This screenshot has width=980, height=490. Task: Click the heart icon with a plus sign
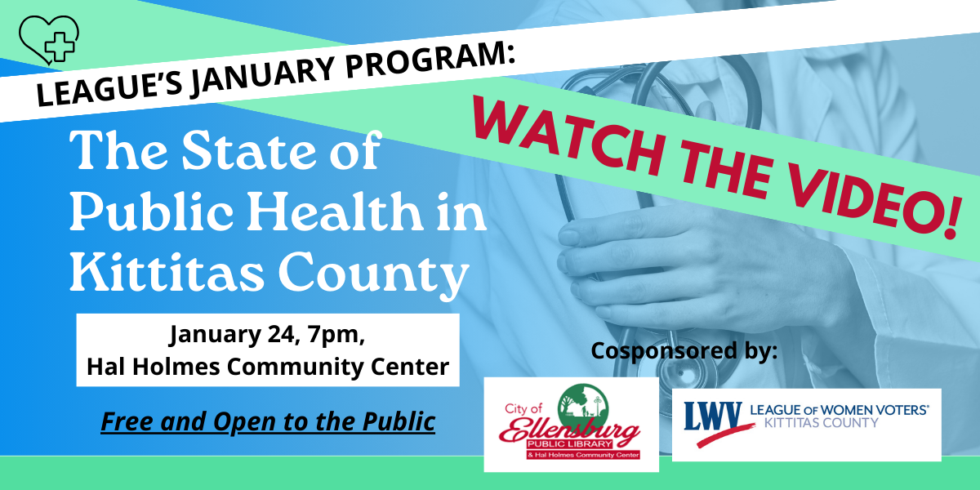[47, 38]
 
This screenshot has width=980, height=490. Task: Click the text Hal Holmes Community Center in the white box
[268, 367]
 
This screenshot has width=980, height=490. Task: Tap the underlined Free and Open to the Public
[268, 422]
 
